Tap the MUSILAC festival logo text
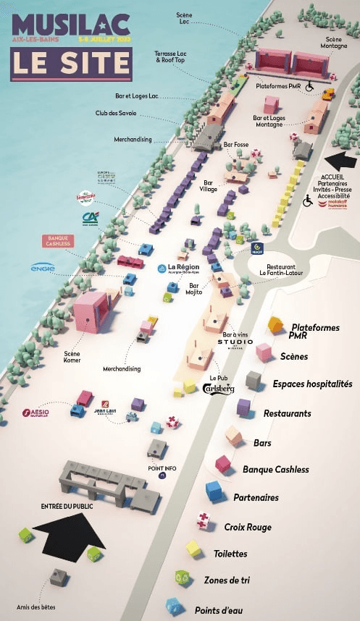click(70, 25)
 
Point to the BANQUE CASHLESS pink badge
click(58, 241)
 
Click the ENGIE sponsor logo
click(43, 268)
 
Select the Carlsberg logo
click(218, 389)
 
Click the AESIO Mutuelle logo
click(35, 414)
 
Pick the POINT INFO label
click(162, 468)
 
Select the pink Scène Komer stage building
click(91, 311)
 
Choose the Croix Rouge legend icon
click(204, 520)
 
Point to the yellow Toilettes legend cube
click(193, 548)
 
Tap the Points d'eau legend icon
click(173, 605)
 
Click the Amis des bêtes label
click(35, 607)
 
